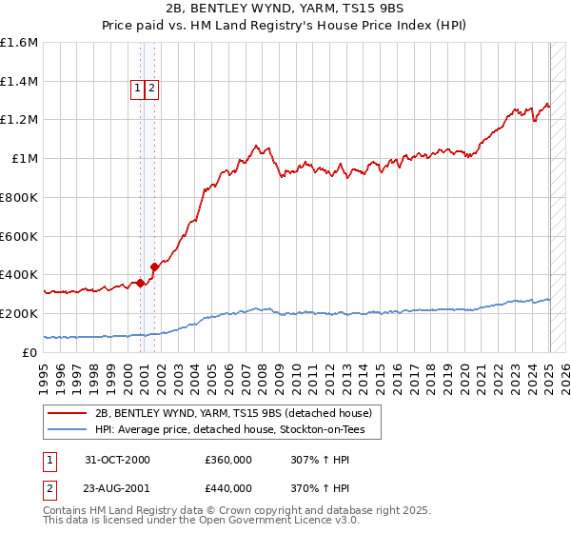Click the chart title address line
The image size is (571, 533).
click(x=285, y=10)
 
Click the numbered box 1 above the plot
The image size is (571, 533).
click(x=138, y=89)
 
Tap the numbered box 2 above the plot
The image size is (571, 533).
click(x=151, y=89)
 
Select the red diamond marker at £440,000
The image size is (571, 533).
click(x=154, y=266)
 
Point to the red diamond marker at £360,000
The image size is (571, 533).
click(x=141, y=282)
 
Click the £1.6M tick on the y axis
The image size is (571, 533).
click(x=19, y=43)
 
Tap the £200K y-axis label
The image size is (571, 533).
click(x=19, y=313)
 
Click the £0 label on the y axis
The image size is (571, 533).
click(x=30, y=352)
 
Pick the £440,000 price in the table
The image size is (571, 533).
click(x=227, y=488)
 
